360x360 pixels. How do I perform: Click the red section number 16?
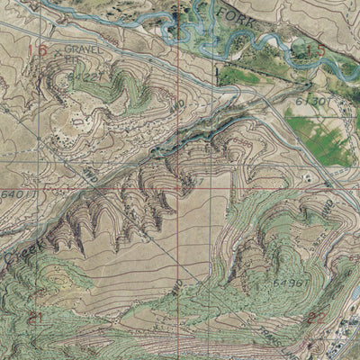pos(37,50)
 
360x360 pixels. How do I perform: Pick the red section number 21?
pos(36,316)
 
